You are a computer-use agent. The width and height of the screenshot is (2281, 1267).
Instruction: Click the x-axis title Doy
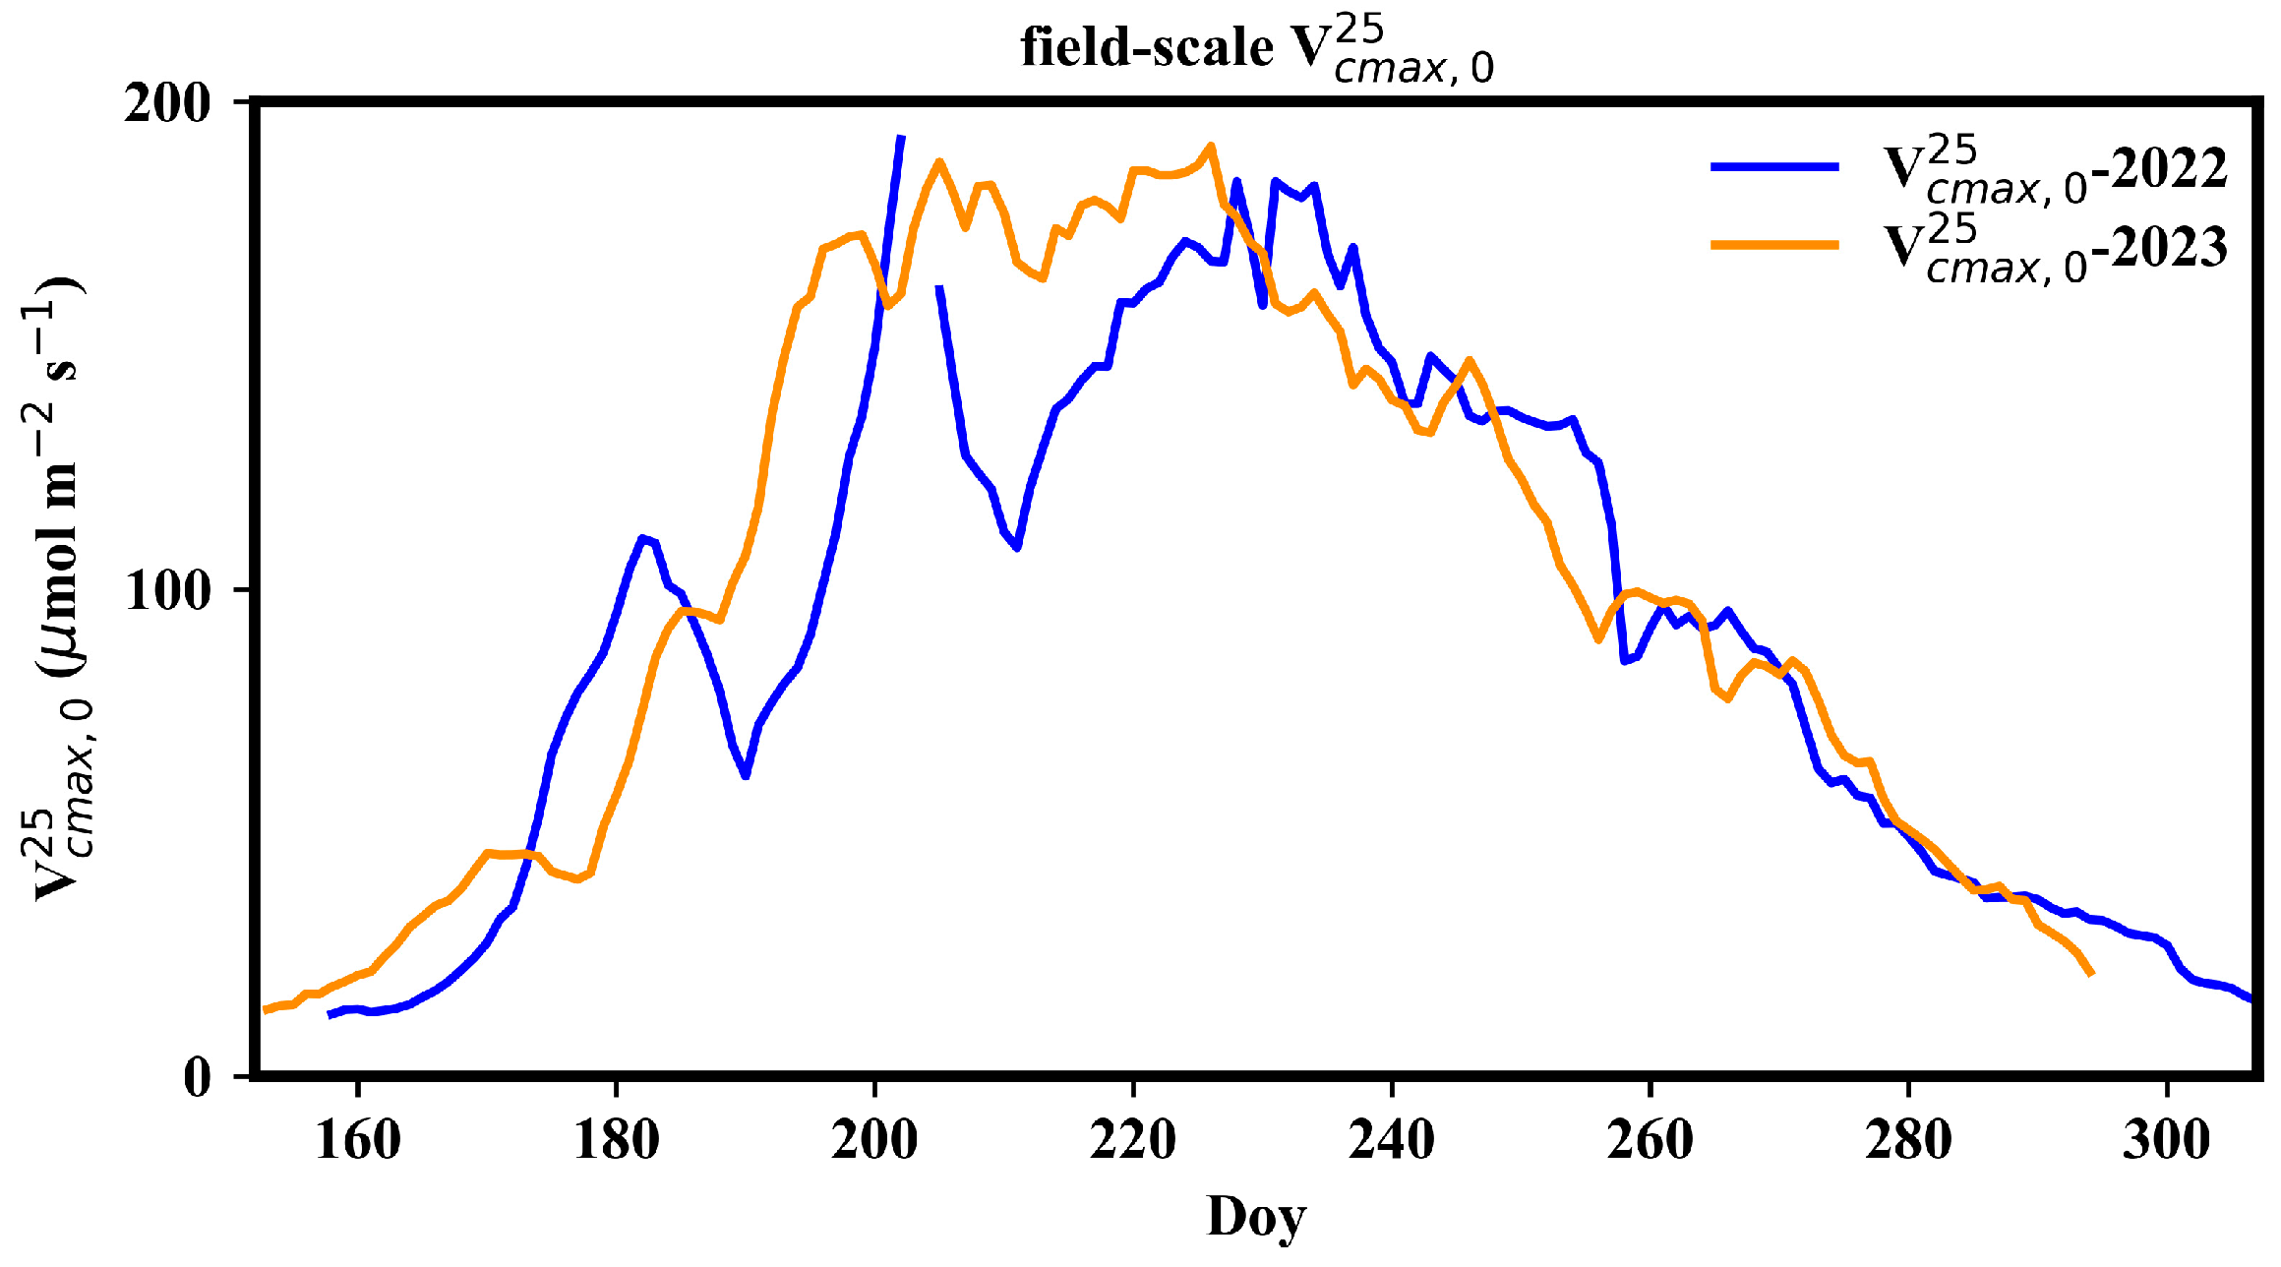click(x=1256, y=1217)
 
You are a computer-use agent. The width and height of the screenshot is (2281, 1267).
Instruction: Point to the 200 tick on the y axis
click(x=167, y=103)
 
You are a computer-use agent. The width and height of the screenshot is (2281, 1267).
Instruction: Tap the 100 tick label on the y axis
click(x=167, y=590)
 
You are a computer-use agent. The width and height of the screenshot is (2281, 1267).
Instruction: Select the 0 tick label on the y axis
click(x=197, y=1078)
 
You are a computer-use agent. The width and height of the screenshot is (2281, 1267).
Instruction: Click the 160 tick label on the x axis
click(x=358, y=1141)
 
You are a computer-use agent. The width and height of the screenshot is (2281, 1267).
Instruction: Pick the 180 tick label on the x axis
click(x=616, y=1141)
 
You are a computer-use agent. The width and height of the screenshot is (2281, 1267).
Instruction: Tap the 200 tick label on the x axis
click(x=874, y=1141)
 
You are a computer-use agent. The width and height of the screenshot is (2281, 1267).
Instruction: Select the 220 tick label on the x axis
click(x=1133, y=1141)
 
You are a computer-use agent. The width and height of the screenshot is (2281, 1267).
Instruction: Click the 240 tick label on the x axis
click(x=1392, y=1141)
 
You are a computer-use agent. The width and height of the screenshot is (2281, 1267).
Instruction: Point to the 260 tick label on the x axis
click(x=1650, y=1141)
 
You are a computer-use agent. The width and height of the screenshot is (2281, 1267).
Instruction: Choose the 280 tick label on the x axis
click(x=1908, y=1141)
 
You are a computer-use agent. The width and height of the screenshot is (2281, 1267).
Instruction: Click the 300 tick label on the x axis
click(x=2167, y=1141)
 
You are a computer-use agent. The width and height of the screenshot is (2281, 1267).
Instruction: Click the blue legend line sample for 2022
click(x=1774, y=167)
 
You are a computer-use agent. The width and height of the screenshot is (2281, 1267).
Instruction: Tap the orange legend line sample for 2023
click(x=1774, y=244)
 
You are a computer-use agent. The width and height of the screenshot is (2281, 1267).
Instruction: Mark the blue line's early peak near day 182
click(x=642, y=538)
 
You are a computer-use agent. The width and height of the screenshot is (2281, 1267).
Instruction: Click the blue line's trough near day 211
click(x=1017, y=547)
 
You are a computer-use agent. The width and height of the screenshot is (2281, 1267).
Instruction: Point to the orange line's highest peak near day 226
click(x=1211, y=146)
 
